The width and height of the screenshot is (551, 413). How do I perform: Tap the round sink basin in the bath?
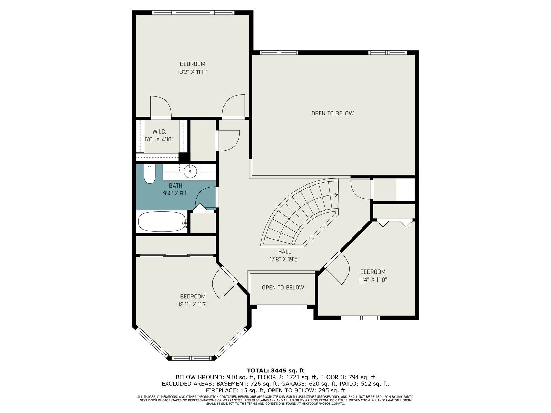tap(190, 171)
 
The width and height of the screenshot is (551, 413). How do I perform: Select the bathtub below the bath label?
tap(163, 222)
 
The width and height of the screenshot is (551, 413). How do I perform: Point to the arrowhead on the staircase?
tap(336, 195)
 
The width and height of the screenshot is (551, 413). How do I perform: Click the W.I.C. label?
tap(159, 132)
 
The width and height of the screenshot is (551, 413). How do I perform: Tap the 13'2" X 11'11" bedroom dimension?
tap(193, 72)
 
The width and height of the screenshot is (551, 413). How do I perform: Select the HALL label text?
tap(285, 252)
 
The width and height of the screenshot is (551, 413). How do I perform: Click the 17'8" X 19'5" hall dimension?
tap(285, 260)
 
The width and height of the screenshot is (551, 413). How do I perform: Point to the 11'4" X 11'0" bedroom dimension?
tap(373, 279)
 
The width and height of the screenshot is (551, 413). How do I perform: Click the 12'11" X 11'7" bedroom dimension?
tap(193, 305)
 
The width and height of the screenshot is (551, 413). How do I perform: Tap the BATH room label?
tap(176, 186)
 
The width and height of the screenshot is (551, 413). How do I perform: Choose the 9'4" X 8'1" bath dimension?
tap(176, 193)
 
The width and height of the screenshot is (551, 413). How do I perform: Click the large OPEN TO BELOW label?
tap(333, 113)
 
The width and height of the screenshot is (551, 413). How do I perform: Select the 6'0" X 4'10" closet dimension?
tap(159, 139)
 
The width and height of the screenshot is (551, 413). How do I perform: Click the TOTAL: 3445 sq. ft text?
tap(275, 371)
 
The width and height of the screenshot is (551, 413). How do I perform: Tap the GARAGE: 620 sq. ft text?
tap(309, 384)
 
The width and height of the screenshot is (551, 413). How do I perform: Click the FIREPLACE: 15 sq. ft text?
tap(235, 390)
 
